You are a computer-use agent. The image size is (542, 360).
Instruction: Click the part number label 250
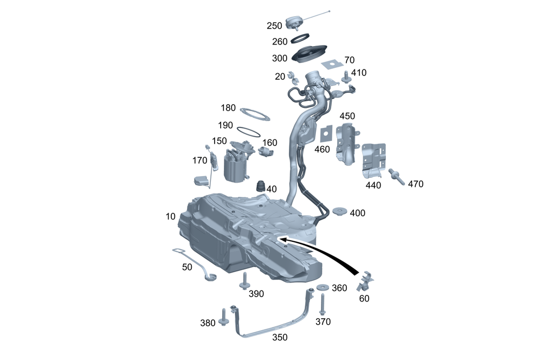point(274,25)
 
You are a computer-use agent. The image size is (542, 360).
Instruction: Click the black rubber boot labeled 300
point(309,54)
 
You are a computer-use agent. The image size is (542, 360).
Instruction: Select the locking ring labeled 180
point(254,114)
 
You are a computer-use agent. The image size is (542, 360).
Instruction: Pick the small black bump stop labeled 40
point(261,186)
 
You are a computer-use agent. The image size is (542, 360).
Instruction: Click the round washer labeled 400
point(340,211)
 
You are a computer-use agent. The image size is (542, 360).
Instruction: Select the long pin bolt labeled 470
point(395,175)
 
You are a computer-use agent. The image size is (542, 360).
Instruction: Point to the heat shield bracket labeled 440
point(374,160)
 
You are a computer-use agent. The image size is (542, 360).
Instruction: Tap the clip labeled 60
point(366,281)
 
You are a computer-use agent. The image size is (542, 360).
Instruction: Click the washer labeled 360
point(323,287)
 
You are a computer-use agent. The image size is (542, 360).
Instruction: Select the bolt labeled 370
point(322,305)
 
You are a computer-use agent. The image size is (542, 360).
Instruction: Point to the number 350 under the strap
point(280,337)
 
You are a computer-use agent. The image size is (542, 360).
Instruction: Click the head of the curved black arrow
point(280,238)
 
